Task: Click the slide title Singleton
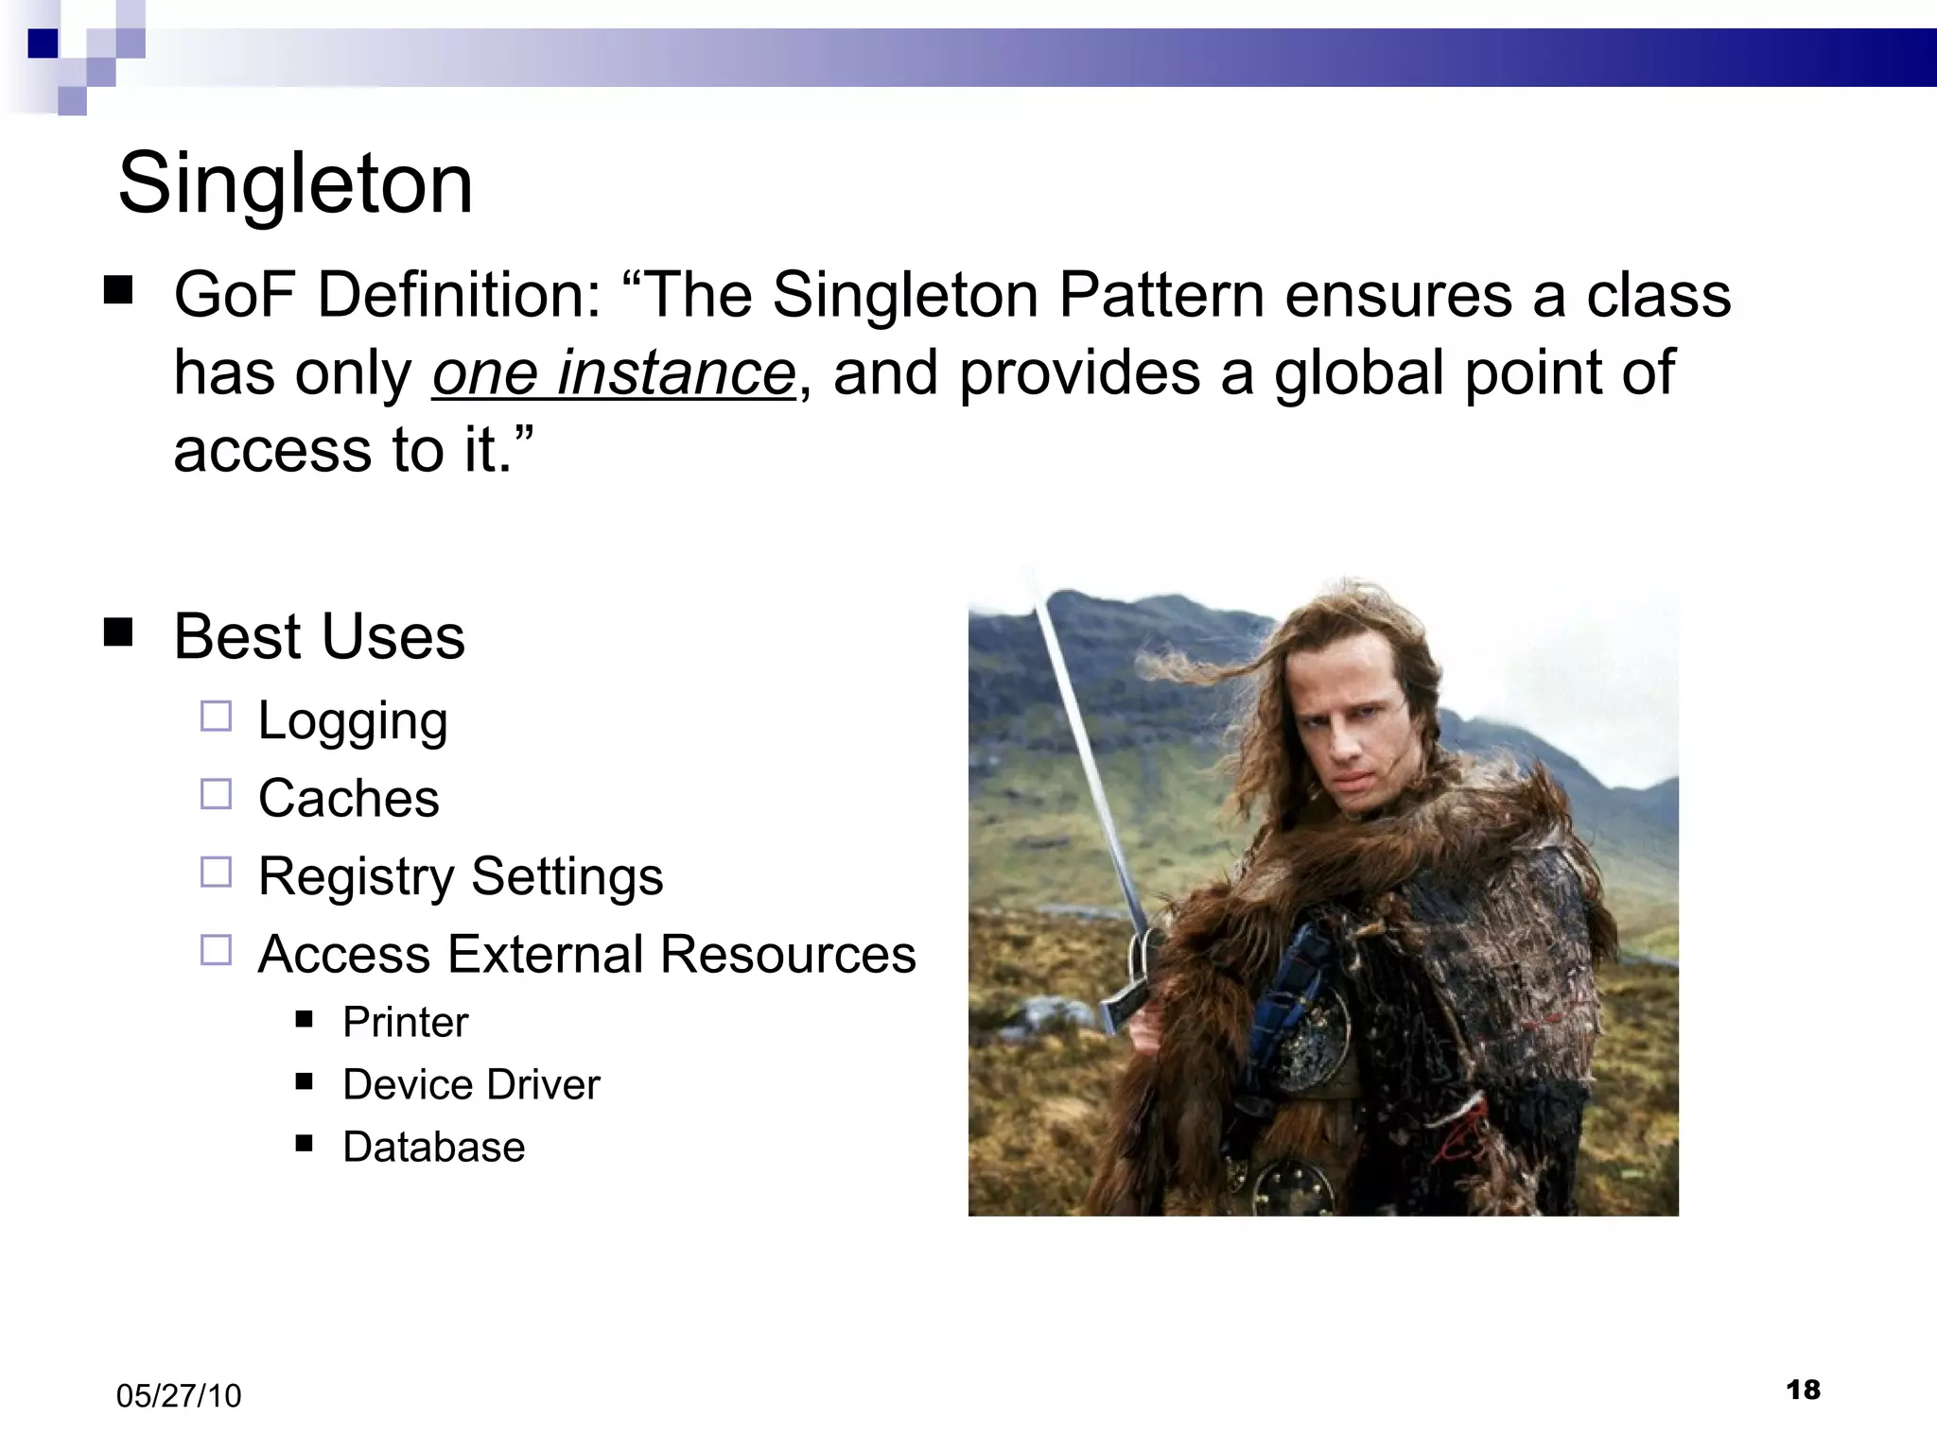[x=295, y=183]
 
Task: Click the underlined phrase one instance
[x=613, y=372]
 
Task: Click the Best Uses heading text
[x=319, y=636]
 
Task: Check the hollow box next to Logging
[x=216, y=717]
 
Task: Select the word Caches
[x=348, y=798]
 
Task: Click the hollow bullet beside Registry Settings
[x=216, y=873]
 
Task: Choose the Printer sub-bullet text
[x=405, y=1022]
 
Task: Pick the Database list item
[x=433, y=1147]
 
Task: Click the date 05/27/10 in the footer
[x=179, y=1395]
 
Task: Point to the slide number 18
[x=1803, y=1390]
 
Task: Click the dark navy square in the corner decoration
[x=43, y=43]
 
